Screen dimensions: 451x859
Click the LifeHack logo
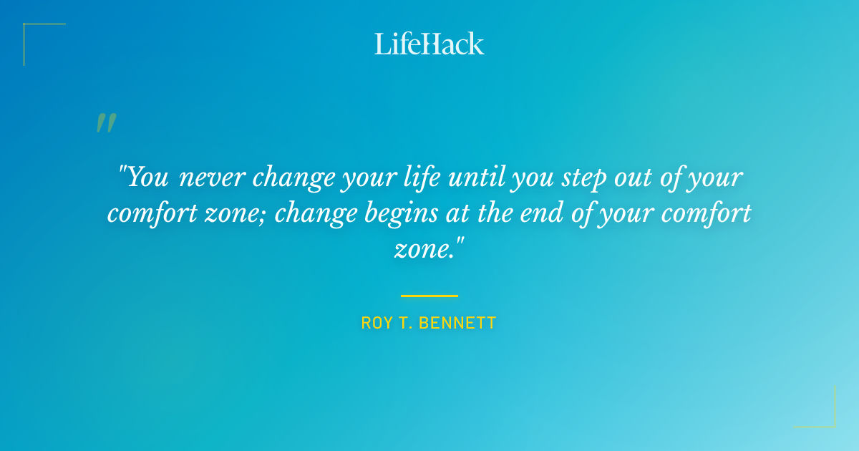pyautogui.click(x=429, y=44)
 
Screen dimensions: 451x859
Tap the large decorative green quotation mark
pyautogui.click(x=105, y=124)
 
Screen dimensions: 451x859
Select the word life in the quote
pyautogui.click(x=423, y=177)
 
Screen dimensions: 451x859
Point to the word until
pyautogui.click(x=477, y=177)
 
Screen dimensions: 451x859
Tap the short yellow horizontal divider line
pyautogui.click(x=429, y=295)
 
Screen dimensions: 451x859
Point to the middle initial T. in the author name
pyautogui.click(x=405, y=323)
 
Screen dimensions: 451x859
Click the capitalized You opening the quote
pyautogui.click(x=147, y=177)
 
